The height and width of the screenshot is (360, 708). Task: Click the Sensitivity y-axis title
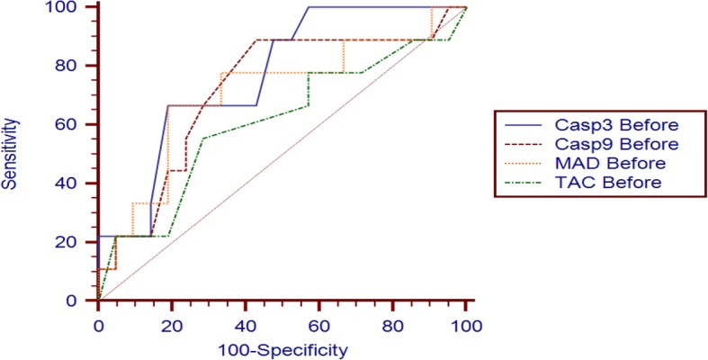click(x=10, y=154)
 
